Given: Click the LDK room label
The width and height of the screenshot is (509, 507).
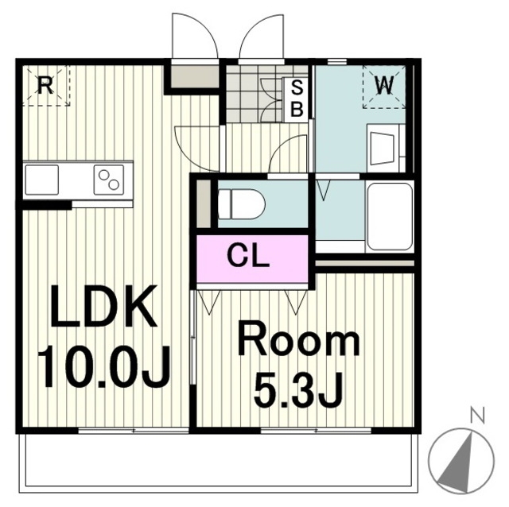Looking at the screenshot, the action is coord(103,306).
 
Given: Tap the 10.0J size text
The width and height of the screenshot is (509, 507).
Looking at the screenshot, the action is coord(104,366).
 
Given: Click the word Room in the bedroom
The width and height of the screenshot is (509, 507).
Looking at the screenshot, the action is coord(299,343).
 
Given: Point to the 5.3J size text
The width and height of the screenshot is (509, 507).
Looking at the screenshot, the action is coord(298,390).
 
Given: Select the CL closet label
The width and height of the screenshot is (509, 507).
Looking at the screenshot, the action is coord(249,255).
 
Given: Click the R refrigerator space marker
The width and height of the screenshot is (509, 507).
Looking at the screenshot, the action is coord(45,86).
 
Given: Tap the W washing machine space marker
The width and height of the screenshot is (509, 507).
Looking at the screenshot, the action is coord(384,87).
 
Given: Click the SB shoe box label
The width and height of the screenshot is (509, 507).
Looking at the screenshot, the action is coord(297,99).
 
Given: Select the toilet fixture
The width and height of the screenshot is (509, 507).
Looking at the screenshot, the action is coord(241,204).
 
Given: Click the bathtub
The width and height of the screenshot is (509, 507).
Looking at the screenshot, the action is coord(389,217).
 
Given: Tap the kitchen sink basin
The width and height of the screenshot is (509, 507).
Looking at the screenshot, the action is coord(42,180).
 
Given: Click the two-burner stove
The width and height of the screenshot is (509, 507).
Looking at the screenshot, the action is coord(109,180).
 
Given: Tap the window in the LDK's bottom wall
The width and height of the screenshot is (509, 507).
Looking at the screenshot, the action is coord(134,431).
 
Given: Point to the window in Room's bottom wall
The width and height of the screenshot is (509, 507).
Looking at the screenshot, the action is coord(316,431).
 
